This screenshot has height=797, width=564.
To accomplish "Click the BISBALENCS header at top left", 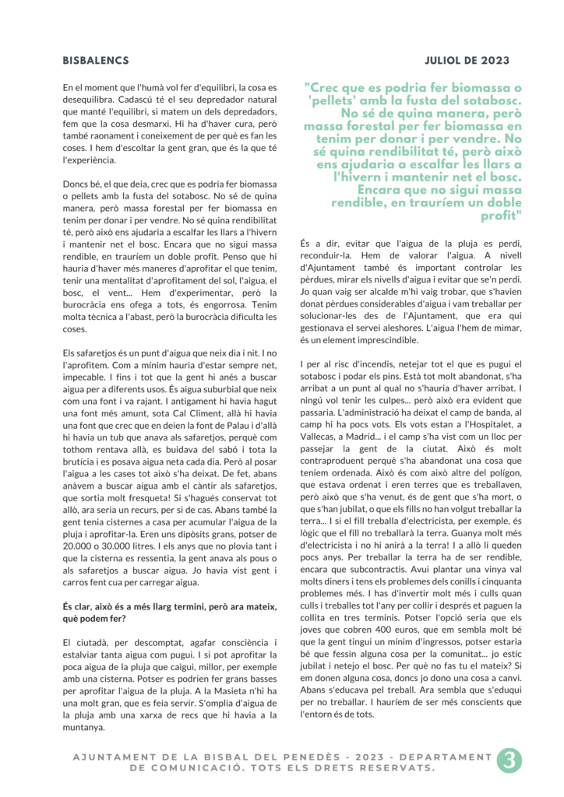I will [x=95, y=61].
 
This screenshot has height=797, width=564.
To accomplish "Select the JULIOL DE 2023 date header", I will [x=467, y=61].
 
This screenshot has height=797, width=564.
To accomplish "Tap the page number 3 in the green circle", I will [x=509, y=760].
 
